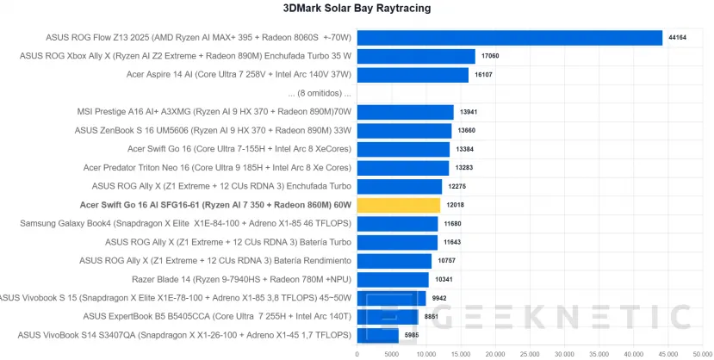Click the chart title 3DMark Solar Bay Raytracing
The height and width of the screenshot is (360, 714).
pos(357,9)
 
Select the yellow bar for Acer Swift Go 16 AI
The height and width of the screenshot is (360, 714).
pos(399,205)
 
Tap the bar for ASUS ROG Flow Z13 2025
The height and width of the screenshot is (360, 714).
pos(509,37)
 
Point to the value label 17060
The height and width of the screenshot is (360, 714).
pos(491,56)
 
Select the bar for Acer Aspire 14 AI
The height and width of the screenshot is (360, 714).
pos(413,75)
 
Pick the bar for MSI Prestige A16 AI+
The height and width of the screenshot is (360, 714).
pos(405,112)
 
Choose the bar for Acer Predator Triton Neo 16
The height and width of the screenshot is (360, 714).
pos(403,168)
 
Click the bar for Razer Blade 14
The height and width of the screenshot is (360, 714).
pos(393,279)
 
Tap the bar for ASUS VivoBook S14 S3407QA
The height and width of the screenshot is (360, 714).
pos(377,335)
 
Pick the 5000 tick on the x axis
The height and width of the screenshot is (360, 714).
pos(391,353)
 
